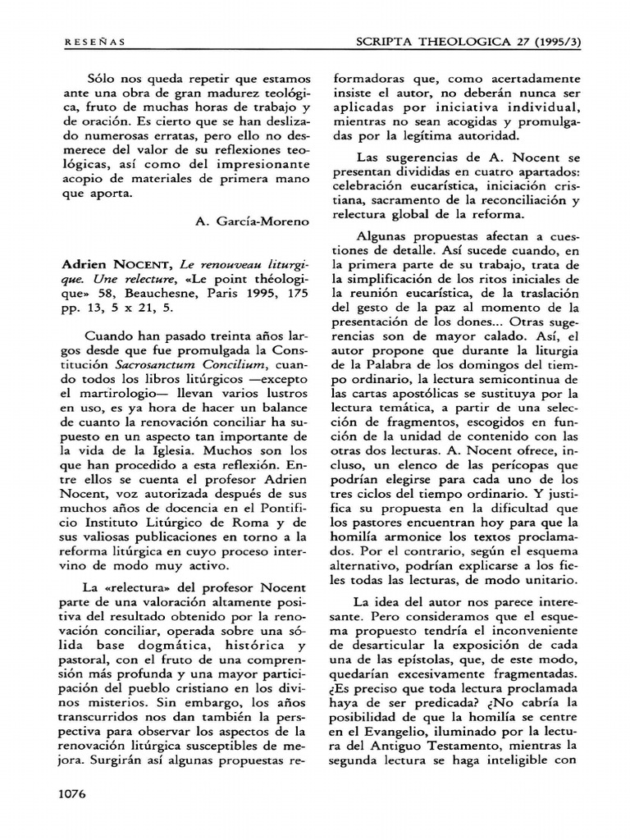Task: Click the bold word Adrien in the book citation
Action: (x=86, y=269)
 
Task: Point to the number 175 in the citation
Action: (x=290, y=299)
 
